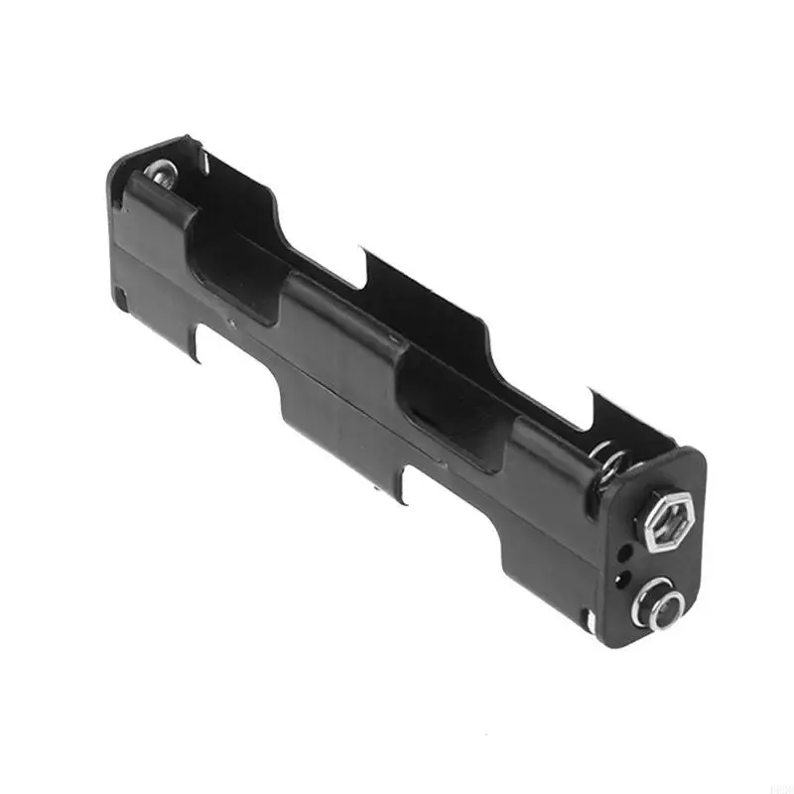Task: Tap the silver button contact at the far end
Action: pos(162,176)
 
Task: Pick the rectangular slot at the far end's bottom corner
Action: pos(120,295)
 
